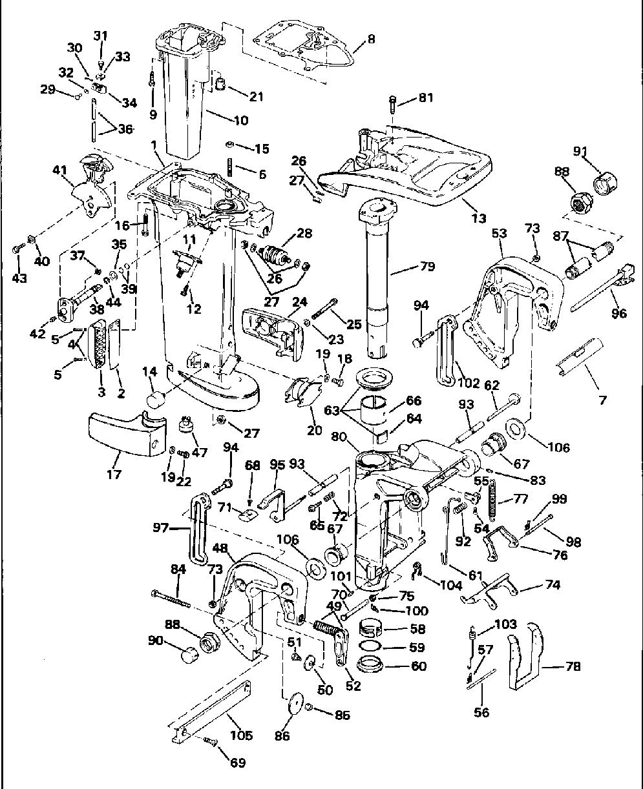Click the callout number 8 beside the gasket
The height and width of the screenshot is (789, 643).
pyautogui.click(x=370, y=39)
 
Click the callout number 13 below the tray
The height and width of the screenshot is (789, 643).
pyautogui.click(x=479, y=218)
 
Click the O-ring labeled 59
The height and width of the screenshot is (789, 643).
pyautogui.click(x=370, y=648)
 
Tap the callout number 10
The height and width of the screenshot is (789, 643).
pyautogui.click(x=222, y=120)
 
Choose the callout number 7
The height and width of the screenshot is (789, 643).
pyautogui.click(x=602, y=400)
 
